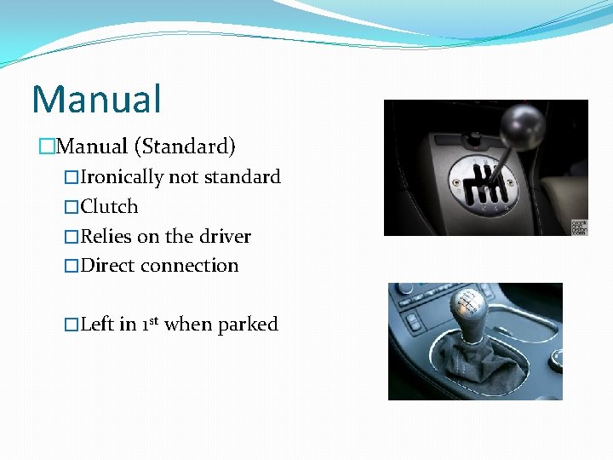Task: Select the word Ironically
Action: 122,177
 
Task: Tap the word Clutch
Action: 109,207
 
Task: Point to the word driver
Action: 226,236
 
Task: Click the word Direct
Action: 108,266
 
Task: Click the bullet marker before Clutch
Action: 72,207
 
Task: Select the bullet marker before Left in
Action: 72,325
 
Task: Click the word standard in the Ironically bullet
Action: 241,177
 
